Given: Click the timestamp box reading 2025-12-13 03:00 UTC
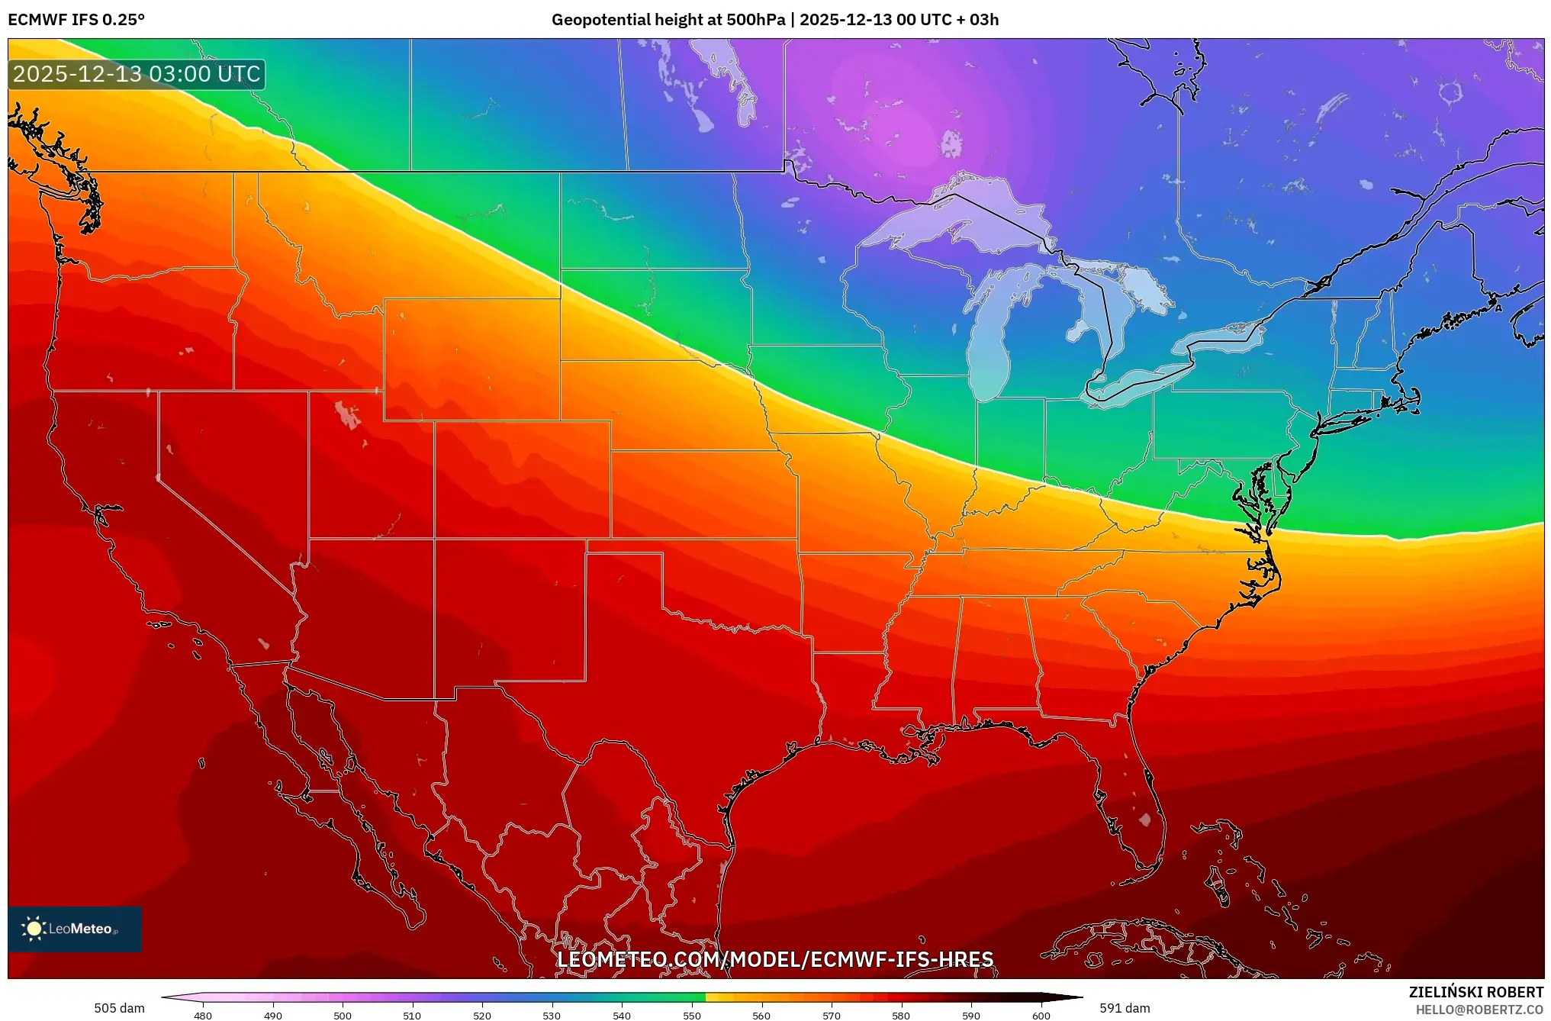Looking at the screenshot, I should (137, 74).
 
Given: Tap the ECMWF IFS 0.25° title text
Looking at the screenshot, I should (76, 20).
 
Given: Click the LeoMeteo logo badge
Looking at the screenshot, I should (75, 929).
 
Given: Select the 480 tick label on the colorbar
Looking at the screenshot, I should (203, 1015).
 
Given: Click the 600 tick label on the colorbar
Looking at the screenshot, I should (1041, 1015).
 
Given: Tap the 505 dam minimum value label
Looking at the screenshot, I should (119, 1008).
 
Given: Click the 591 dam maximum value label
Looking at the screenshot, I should (1125, 1008).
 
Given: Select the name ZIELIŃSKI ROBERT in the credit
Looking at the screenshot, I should (1475, 992).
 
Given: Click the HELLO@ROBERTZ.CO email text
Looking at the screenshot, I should (1479, 1010).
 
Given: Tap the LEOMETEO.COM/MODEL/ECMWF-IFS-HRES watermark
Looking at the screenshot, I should (775, 959).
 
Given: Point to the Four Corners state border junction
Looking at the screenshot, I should (435, 539).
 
